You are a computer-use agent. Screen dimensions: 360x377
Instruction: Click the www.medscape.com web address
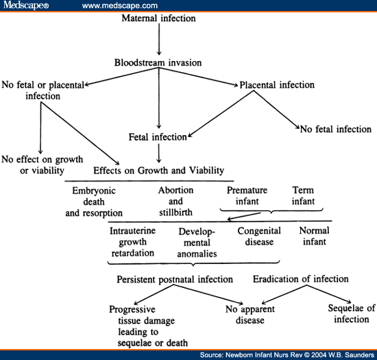(x=120, y=5)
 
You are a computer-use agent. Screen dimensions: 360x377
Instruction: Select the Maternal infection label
(x=158, y=18)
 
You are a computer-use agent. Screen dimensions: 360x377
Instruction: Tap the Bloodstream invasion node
(x=158, y=63)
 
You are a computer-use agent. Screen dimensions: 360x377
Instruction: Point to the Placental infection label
(x=277, y=85)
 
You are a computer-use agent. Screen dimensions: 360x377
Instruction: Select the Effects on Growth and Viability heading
(x=158, y=170)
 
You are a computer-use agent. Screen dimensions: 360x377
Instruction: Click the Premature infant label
(x=247, y=195)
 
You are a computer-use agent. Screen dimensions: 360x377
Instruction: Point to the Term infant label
(x=302, y=195)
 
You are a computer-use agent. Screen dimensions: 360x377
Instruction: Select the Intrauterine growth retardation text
(x=132, y=241)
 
